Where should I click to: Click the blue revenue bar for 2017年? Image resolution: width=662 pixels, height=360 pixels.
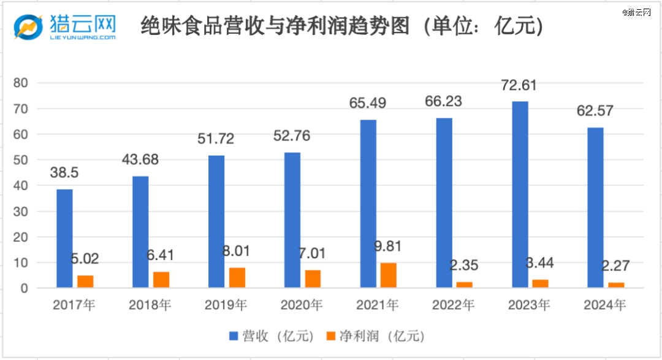[x=64, y=238]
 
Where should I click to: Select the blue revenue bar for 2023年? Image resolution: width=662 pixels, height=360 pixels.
[x=520, y=194]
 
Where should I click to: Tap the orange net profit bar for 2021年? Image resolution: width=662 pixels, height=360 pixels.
[x=389, y=275]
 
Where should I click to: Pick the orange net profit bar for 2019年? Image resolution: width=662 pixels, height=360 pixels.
[x=237, y=277]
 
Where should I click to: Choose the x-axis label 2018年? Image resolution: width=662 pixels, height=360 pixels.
[x=150, y=304]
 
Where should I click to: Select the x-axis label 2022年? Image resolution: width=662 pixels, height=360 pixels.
[x=453, y=304]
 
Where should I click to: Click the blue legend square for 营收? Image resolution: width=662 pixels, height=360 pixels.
[x=233, y=336]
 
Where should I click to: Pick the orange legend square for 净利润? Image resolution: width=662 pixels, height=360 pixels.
[x=330, y=336]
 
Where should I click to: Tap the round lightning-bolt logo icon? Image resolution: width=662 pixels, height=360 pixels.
[x=28, y=26]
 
